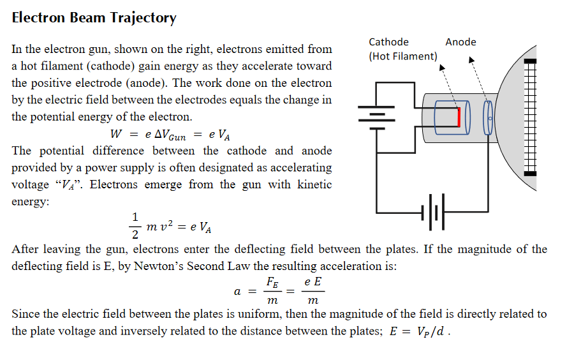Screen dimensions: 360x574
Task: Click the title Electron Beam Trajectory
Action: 94,18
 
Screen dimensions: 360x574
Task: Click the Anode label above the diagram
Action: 460,42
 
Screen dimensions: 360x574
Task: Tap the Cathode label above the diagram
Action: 388,42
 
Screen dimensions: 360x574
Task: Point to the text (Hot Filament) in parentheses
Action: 403,56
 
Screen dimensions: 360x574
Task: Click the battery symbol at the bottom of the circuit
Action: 434,211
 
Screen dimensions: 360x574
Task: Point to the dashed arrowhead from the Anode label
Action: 472,61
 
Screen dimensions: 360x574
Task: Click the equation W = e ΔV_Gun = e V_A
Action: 170,134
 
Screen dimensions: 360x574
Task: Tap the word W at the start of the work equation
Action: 115,134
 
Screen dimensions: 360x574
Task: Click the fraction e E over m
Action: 313,291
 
